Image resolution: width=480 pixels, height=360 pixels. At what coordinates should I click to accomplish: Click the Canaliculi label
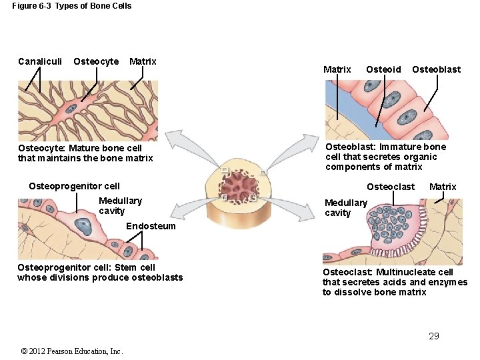[x=40, y=61]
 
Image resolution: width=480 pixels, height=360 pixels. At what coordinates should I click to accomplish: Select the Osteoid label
[x=383, y=69]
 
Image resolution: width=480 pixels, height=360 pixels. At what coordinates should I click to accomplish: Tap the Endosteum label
[x=151, y=226]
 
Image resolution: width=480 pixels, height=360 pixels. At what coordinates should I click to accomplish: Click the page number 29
[x=434, y=336]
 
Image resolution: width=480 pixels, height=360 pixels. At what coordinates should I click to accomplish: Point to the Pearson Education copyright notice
[x=72, y=351]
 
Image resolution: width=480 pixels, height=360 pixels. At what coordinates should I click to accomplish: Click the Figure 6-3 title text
[x=72, y=6]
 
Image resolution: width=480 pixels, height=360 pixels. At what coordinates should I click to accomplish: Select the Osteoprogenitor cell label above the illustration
[x=75, y=186]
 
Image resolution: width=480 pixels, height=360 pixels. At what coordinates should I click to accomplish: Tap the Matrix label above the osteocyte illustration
[x=143, y=61]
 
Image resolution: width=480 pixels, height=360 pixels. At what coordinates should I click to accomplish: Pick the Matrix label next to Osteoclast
[x=443, y=187]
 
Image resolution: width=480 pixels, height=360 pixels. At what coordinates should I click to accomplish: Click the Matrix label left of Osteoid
[x=337, y=69]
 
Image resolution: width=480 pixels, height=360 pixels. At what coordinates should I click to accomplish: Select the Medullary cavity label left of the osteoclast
[x=345, y=207]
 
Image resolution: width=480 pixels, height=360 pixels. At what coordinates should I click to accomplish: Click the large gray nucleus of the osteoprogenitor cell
[x=83, y=227]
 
